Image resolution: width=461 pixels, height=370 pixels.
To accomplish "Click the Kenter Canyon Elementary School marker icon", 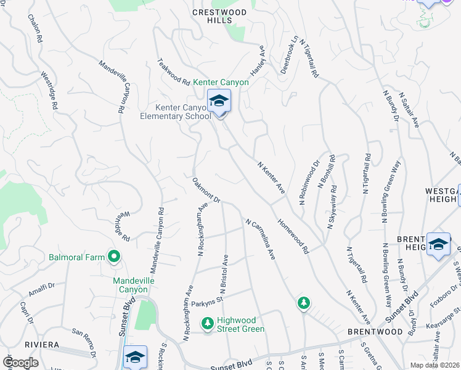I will pos(219,101).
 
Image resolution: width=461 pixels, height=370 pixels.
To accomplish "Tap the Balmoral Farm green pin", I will pos(113,255).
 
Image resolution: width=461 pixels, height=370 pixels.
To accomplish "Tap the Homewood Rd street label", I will pos(292,236).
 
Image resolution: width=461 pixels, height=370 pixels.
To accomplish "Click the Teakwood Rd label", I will pos(174,72).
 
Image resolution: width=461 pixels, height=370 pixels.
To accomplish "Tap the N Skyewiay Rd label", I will pos(332,207).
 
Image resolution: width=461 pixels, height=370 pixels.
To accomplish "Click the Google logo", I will pos(20,363).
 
